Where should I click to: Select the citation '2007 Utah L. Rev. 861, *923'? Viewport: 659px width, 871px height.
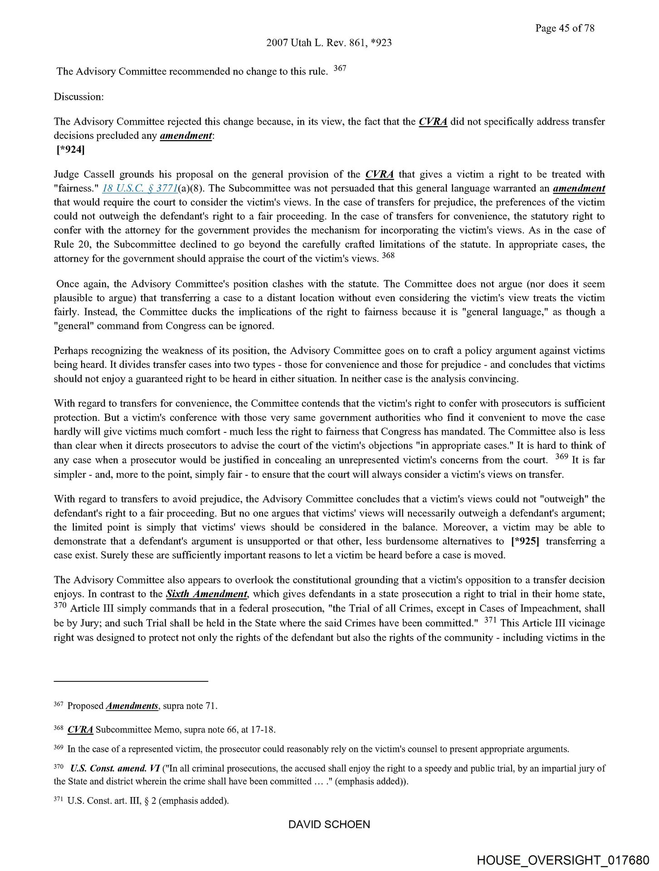click(x=329, y=43)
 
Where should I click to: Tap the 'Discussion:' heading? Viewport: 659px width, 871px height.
click(x=79, y=97)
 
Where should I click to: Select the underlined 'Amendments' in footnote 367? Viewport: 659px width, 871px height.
click(x=132, y=706)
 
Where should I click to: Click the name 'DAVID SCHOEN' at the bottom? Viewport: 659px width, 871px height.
click(x=329, y=825)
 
